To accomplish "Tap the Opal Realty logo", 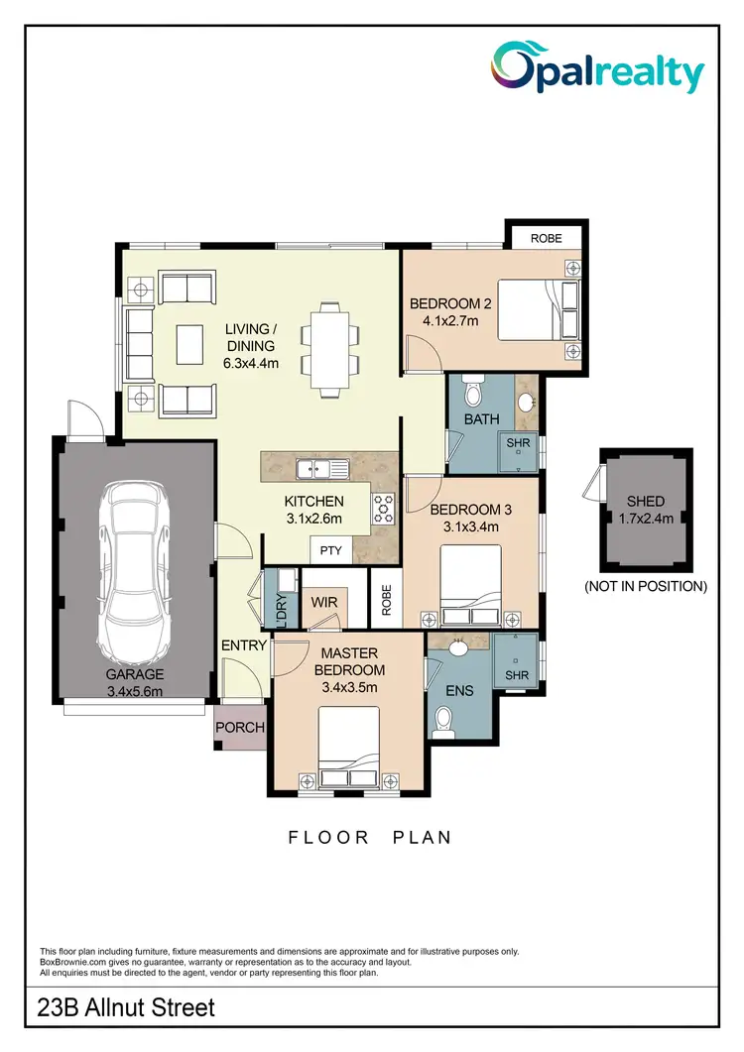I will click(597, 70).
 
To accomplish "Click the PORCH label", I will click(240, 727).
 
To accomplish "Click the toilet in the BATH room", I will click(472, 394).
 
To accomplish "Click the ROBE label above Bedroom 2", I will click(546, 239).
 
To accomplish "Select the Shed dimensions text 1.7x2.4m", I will click(646, 518).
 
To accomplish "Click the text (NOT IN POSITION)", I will click(646, 586).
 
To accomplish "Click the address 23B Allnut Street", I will click(125, 1009).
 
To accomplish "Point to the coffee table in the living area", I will click(187, 344).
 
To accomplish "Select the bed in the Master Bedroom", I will click(349, 748).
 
